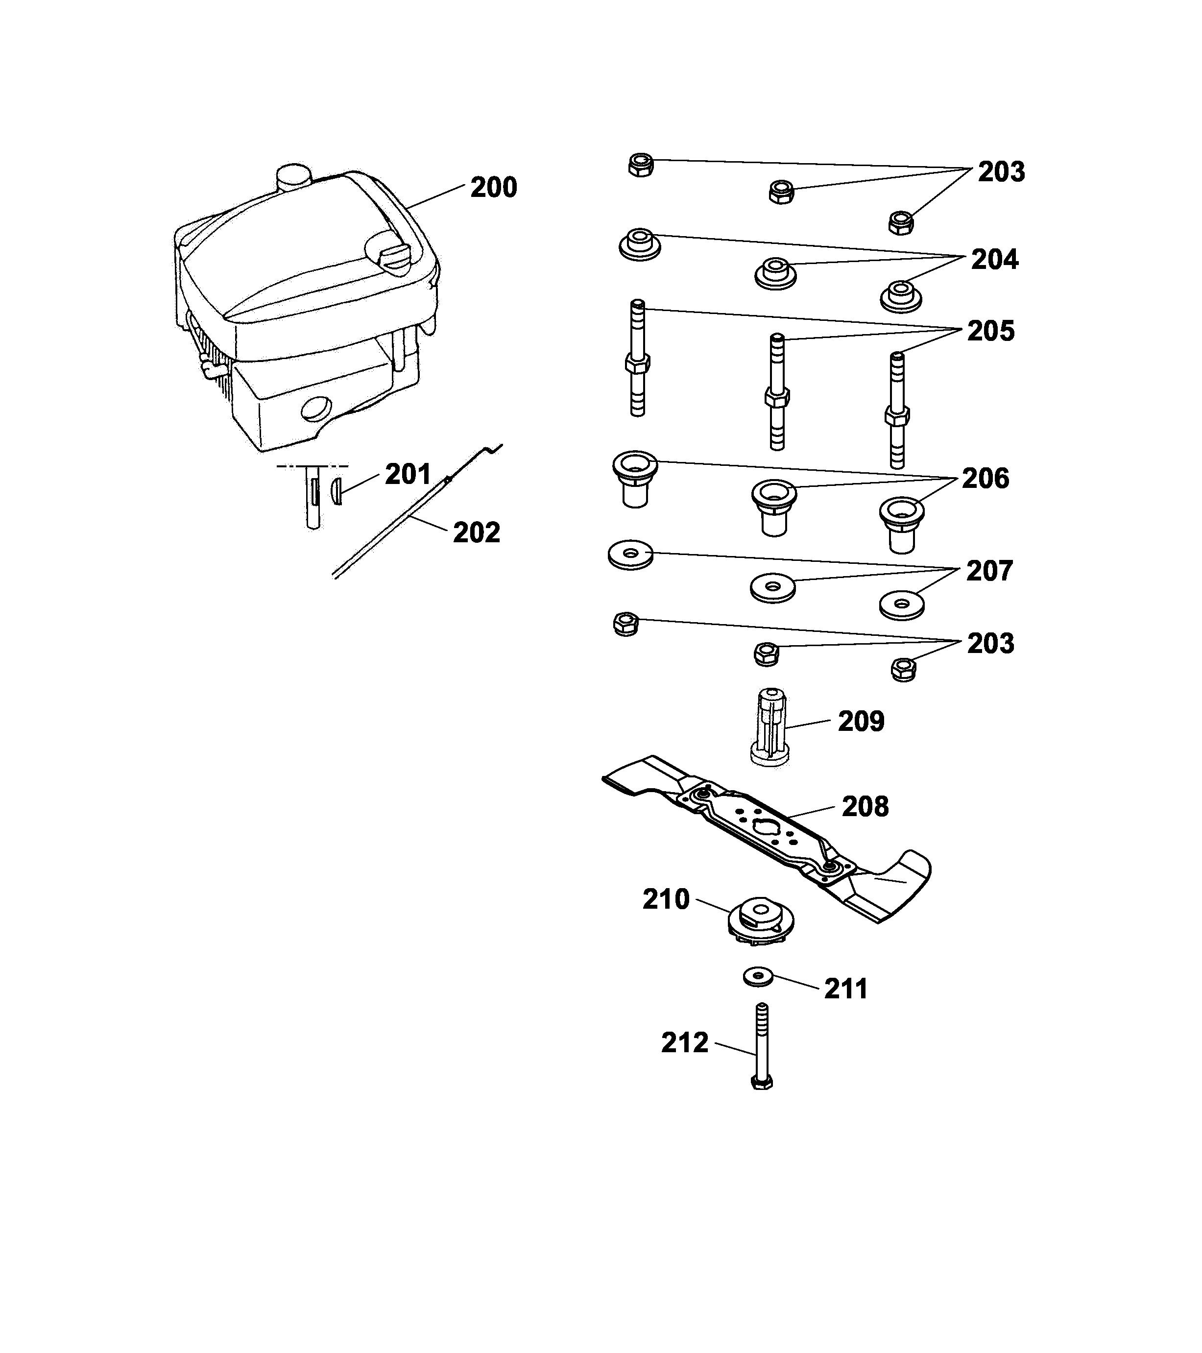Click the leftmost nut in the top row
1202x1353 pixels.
click(x=641, y=164)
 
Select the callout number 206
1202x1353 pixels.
click(x=985, y=478)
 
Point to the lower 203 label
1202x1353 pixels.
click(x=990, y=643)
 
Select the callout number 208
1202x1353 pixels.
click(x=865, y=806)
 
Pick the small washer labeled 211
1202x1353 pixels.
click(x=759, y=976)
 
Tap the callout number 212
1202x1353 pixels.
click(x=684, y=1043)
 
